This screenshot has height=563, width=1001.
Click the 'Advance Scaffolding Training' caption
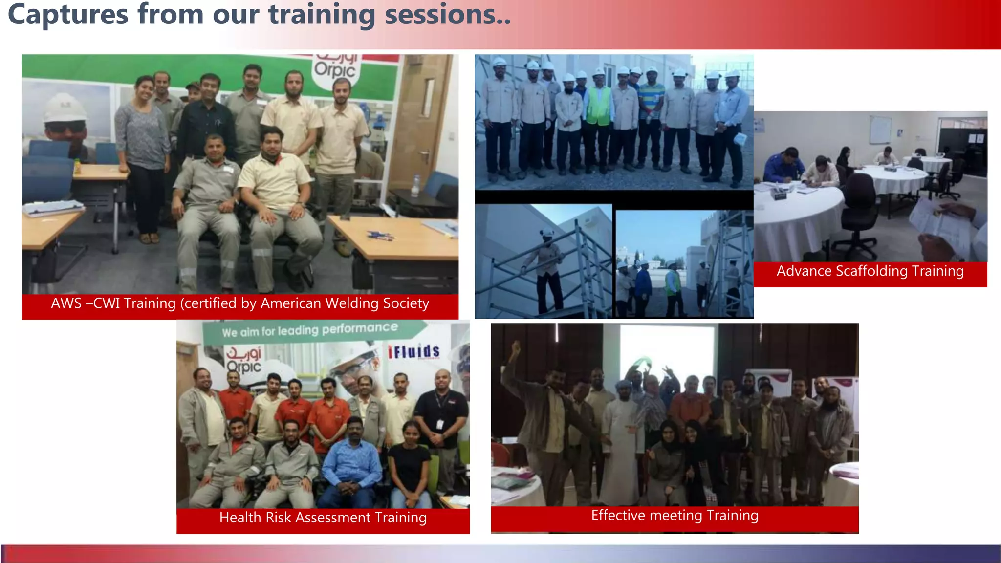click(870, 271)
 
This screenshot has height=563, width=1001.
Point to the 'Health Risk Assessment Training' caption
click(323, 518)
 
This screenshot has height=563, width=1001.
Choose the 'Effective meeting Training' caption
click(675, 516)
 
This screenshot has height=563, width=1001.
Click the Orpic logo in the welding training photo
click(335, 68)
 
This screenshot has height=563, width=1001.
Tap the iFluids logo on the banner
click(413, 351)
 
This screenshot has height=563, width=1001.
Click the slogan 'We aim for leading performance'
click(310, 330)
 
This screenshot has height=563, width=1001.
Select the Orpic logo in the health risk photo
click(243, 360)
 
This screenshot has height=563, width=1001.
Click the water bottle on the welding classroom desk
click(416, 186)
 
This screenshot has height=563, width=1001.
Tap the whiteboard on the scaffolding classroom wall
click(880, 129)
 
